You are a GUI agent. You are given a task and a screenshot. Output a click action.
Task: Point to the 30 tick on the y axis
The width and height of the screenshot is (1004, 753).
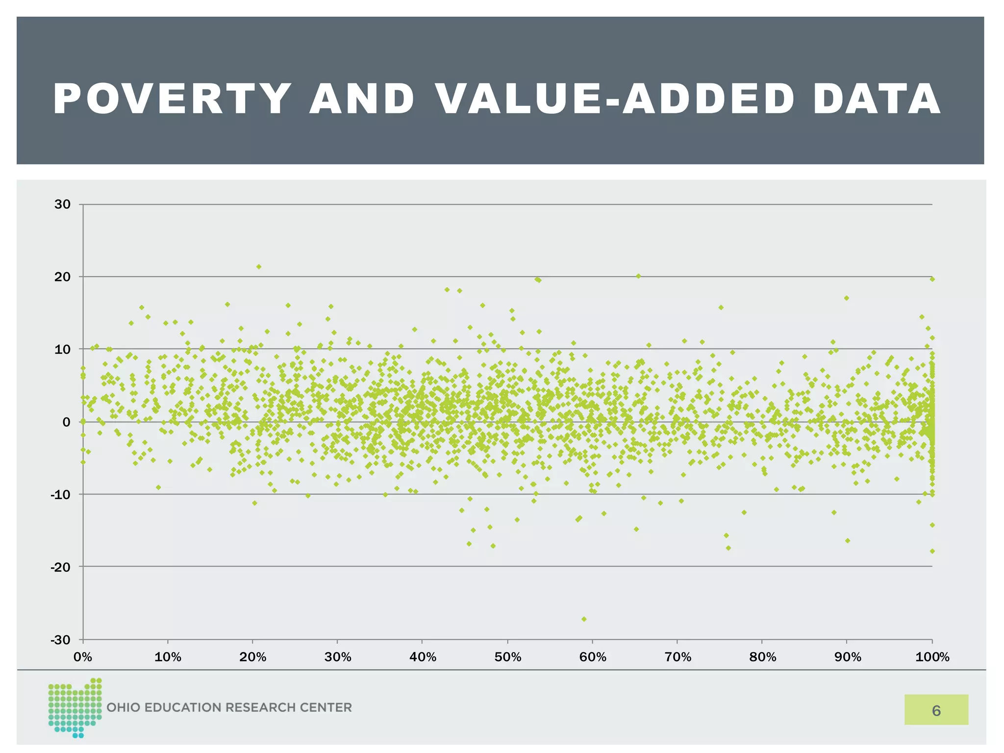63,204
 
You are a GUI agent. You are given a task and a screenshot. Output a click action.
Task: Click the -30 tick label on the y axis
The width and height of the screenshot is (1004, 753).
60,640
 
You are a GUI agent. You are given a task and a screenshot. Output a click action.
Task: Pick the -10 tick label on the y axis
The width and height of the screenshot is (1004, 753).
60,495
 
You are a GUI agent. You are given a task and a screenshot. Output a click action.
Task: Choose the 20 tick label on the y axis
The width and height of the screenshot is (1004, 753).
63,277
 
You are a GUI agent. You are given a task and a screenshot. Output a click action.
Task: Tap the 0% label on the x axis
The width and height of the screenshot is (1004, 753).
83,657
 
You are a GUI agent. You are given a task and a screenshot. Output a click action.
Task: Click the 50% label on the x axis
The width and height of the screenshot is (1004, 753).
508,657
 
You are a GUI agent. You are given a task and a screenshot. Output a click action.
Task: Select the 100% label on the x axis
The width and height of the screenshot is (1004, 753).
932,657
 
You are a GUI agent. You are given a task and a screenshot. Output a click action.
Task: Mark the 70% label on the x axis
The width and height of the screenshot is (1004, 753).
678,657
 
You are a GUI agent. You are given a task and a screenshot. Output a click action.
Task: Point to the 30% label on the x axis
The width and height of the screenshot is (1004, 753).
338,657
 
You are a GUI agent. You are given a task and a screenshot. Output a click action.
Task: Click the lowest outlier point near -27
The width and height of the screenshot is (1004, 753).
584,619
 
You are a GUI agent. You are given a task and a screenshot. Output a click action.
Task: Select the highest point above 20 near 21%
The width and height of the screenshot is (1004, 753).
259,267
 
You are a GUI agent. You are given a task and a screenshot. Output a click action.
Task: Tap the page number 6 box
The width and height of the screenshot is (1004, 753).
936,710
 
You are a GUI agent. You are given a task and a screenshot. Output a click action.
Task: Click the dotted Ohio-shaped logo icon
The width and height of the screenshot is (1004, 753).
75,707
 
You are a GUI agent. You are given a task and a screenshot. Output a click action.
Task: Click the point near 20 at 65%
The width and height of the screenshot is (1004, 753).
638,276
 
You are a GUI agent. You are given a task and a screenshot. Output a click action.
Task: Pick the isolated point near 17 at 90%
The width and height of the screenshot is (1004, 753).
846,298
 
